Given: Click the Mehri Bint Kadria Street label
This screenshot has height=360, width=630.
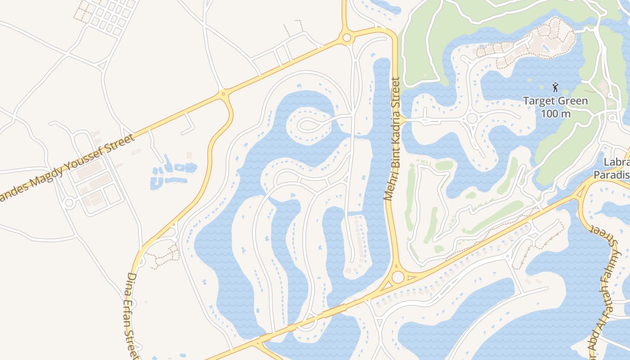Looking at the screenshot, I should pos(392,139).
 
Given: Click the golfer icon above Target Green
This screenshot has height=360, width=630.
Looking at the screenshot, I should pos(555,87).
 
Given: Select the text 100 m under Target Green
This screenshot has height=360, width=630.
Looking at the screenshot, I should pos(555,113).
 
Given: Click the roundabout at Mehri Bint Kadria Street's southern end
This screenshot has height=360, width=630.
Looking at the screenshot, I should pos(397,277).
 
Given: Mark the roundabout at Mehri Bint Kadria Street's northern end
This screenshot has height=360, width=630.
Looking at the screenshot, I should pos(346,38).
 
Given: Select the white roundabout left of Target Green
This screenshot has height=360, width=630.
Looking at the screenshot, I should pos(472,118).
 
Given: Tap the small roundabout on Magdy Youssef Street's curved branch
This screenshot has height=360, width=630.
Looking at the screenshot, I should pos(223,94).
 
